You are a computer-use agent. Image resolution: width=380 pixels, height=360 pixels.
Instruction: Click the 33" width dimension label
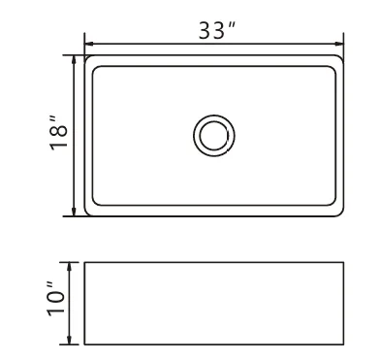pos(216,30)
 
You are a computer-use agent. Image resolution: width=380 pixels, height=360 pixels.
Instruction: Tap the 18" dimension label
pos(58,132)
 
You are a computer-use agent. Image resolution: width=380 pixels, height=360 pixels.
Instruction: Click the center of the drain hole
pos(214,136)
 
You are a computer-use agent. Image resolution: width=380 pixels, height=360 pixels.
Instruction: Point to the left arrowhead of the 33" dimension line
pos(89,44)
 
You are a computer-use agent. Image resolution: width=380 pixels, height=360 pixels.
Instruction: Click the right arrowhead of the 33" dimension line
pos(339,44)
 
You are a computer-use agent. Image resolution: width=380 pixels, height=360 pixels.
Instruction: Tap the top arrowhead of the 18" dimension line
pos(74,60)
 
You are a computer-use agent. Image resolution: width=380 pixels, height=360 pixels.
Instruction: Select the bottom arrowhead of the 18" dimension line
pos(74,212)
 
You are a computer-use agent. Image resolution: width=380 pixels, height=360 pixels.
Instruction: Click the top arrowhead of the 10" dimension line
pos(69,267)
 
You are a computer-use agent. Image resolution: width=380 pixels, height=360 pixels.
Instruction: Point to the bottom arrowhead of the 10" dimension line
pos(69,340)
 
